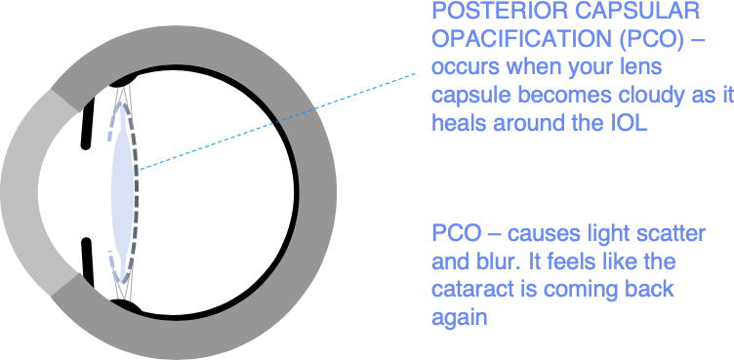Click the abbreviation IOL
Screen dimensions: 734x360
click(x=630, y=123)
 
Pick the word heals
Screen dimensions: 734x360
click(x=458, y=123)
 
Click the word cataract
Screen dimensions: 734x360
click(x=469, y=290)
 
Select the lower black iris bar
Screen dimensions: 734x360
click(x=88, y=262)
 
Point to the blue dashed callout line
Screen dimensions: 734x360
click(x=277, y=121)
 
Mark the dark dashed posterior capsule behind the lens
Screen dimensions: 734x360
click(x=136, y=192)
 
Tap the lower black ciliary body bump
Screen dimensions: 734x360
click(x=125, y=305)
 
